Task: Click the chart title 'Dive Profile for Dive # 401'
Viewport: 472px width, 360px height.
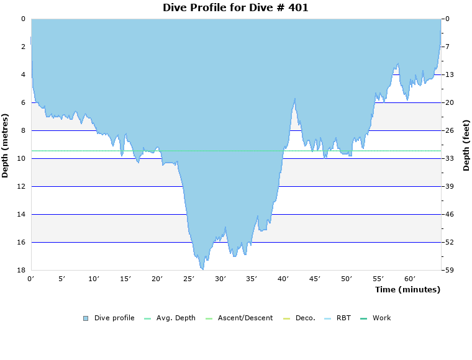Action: (x=235, y=7)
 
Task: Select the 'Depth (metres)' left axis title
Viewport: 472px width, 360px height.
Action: (x=5, y=145)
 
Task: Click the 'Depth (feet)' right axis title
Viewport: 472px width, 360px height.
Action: (x=466, y=145)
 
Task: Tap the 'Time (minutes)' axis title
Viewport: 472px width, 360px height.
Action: (x=407, y=289)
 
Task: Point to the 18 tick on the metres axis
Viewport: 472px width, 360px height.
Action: (x=22, y=270)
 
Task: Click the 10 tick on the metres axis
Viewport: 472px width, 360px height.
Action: (x=22, y=158)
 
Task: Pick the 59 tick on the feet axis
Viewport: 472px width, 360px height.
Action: (x=450, y=270)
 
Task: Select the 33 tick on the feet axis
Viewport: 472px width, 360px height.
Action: (x=450, y=158)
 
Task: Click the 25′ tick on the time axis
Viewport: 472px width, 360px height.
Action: (x=189, y=279)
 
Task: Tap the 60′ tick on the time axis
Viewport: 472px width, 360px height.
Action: (x=410, y=279)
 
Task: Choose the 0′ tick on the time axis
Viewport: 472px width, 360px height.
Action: (x=31, y=279)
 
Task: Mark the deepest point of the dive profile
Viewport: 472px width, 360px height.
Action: (x=202, y=269)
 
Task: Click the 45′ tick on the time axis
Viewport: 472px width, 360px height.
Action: (x=315, y=279)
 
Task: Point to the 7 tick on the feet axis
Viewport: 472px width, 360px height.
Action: (x=448, y=47)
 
